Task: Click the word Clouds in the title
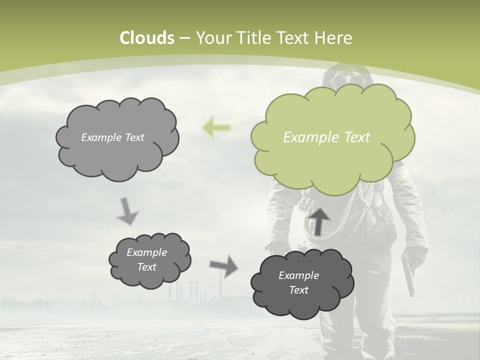click(147, 38)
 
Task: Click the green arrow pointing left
click(216, 127)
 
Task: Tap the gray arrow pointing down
click(127, 211)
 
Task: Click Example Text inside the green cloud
click(326, 137)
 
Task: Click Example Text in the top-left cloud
click(112, 137)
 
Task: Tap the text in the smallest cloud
click(147, 259)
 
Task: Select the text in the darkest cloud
click(298, 282)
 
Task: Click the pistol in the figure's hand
click(408, 272)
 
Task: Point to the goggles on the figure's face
click(345, 80)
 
